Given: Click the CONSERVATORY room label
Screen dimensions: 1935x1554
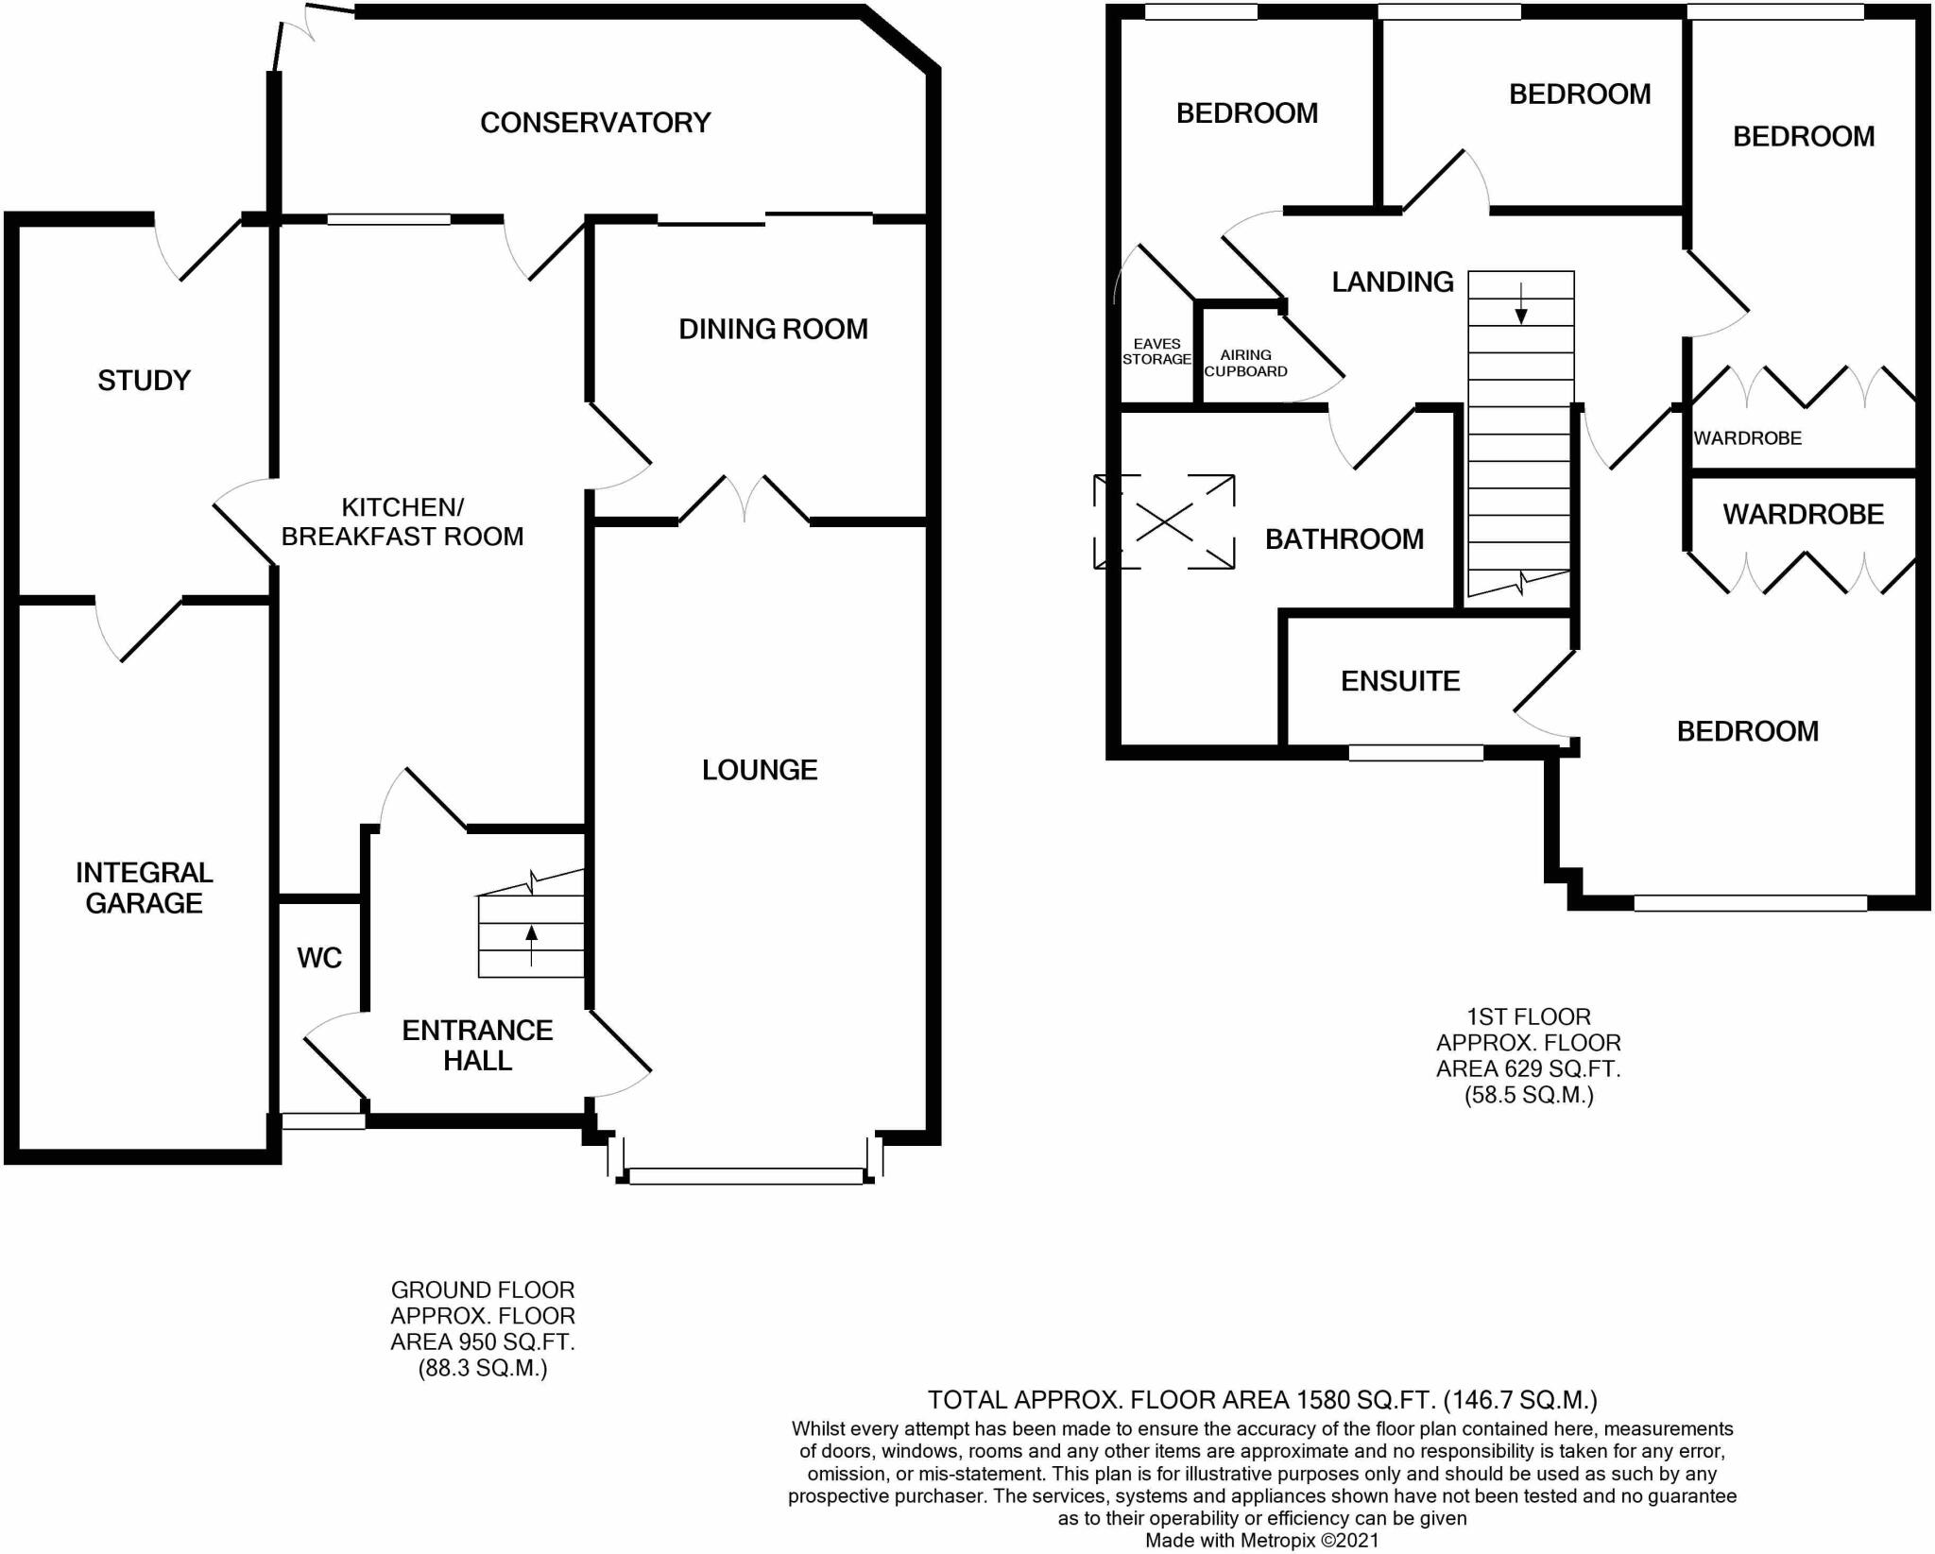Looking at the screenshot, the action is click(595, 123).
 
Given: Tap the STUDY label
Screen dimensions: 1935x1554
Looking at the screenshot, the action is click(144, 381).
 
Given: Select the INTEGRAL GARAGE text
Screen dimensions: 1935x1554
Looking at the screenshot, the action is click(145, 888).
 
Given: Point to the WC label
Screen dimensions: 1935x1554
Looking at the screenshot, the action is click(319, 958).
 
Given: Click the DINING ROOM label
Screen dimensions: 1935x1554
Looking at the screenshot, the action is click(773, 329).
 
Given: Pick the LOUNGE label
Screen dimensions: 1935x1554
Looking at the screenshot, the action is click(760, 770).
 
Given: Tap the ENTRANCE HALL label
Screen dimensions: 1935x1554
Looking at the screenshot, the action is click(477, 1045).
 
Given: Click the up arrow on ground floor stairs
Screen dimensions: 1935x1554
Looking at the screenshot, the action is click(531, 945).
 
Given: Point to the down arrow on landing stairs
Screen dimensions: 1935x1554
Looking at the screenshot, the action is click(1521, 302).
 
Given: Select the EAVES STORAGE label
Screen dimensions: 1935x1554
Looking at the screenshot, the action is click(1156, 351).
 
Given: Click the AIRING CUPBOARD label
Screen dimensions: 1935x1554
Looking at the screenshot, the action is click(1245, 363).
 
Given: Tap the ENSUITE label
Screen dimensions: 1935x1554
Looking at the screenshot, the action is click(1400, 681).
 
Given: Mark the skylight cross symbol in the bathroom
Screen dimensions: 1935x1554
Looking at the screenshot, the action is click(1164, 521).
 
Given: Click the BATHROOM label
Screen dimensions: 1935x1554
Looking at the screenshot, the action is click(1344, 539).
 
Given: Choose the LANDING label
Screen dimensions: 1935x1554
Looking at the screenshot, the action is click(1393, 282).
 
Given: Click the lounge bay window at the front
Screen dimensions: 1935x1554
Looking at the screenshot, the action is click(745, 1176).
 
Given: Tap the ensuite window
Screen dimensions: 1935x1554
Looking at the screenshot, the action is click(1415, 753).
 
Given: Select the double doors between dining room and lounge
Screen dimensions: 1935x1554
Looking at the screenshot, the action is click(745, 499).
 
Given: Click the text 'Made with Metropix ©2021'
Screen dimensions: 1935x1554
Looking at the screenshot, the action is click(1262, 1541).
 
